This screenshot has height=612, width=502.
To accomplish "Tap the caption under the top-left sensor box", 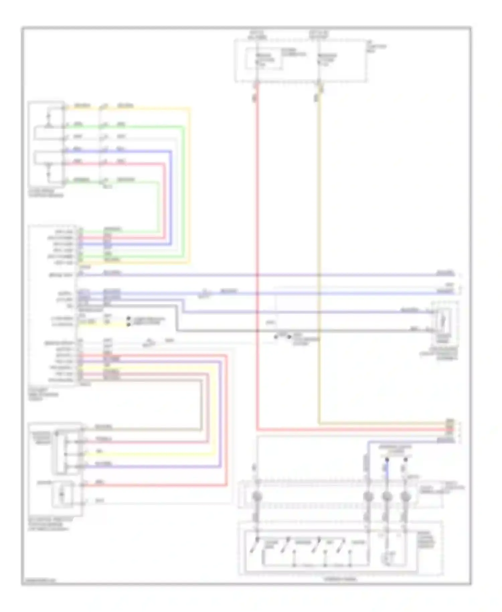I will coord(46,193).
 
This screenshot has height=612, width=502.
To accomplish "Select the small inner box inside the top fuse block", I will coord(264,59).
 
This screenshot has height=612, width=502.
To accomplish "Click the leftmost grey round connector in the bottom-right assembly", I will coord(257,496).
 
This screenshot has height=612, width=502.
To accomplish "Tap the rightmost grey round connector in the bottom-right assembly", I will coord(405,496).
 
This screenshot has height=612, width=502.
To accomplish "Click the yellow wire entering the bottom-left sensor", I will coord(151,454).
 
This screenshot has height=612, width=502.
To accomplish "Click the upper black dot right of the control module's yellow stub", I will coord(129,318).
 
